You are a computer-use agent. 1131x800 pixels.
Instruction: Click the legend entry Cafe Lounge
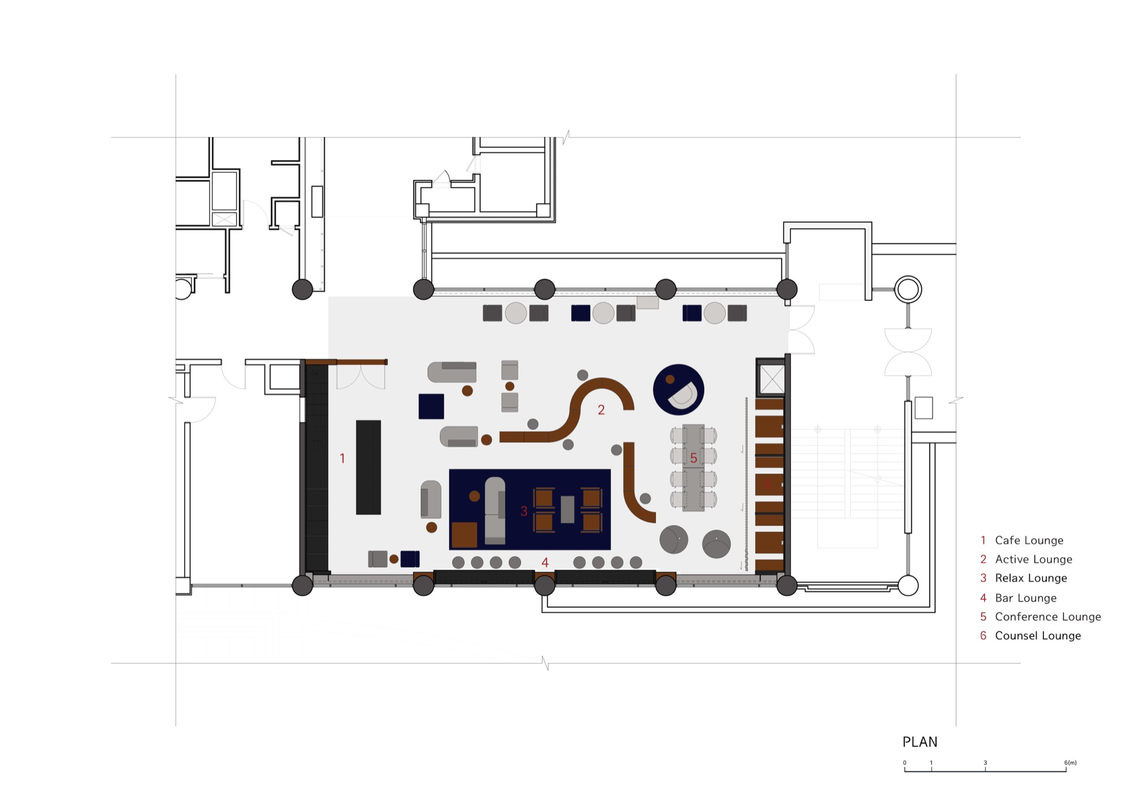[1029, 540]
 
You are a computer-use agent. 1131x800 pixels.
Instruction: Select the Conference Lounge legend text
[1048, 617]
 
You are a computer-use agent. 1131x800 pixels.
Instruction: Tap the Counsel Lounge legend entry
[1038, 636]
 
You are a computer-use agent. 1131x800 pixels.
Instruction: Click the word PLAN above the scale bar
[920, 742]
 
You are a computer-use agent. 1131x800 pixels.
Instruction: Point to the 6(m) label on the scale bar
[1070, 763]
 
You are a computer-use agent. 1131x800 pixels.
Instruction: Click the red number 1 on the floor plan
[342, 458]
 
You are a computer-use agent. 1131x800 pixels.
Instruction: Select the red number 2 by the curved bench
[601, 410]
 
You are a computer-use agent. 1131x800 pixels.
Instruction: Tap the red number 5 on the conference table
[693, 458]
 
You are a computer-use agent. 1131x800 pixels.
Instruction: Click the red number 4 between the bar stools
[545, 562]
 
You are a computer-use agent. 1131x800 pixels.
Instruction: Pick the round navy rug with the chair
[678, 390]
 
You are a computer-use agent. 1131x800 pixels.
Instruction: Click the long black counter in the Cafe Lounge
[368, 467]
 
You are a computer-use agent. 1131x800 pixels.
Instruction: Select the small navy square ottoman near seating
[431, 406]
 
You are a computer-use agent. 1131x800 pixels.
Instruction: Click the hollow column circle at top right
[908, 289]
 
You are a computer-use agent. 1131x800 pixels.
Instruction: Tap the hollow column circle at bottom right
[908, 586]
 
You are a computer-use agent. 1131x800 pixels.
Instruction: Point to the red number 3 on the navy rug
[524, 511]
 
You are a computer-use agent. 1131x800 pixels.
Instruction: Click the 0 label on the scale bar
[904, 763]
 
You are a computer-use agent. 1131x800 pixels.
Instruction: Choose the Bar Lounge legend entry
[1025, 598]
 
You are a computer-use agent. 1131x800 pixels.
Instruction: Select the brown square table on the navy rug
[464, 535]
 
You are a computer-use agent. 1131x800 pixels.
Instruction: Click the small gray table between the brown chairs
[567, 509]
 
